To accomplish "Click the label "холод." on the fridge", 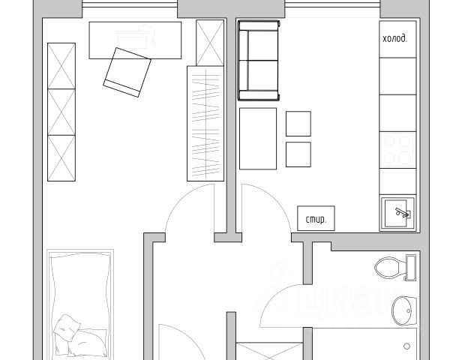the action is click(394, 39).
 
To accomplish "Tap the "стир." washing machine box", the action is click(316, 218).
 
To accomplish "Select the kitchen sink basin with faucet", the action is click(397, 213).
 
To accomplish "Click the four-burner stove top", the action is click(397, 150).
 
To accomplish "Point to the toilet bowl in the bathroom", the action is click(390, 268).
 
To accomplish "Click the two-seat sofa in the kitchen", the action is click(259, 61).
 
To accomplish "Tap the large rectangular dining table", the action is click(258, 139).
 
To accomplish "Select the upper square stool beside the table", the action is click(298, 124).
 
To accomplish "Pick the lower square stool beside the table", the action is click(298, 154).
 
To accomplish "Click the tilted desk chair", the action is click(127, 72).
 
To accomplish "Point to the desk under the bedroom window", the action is click(135, 40).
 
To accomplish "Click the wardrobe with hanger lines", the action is click(205, 123).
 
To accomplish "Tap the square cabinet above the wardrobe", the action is click(210, 43).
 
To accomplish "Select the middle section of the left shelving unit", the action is click(61, 112).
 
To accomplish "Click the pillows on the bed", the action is click(80, 337).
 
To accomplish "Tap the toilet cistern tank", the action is click(411, 268).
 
